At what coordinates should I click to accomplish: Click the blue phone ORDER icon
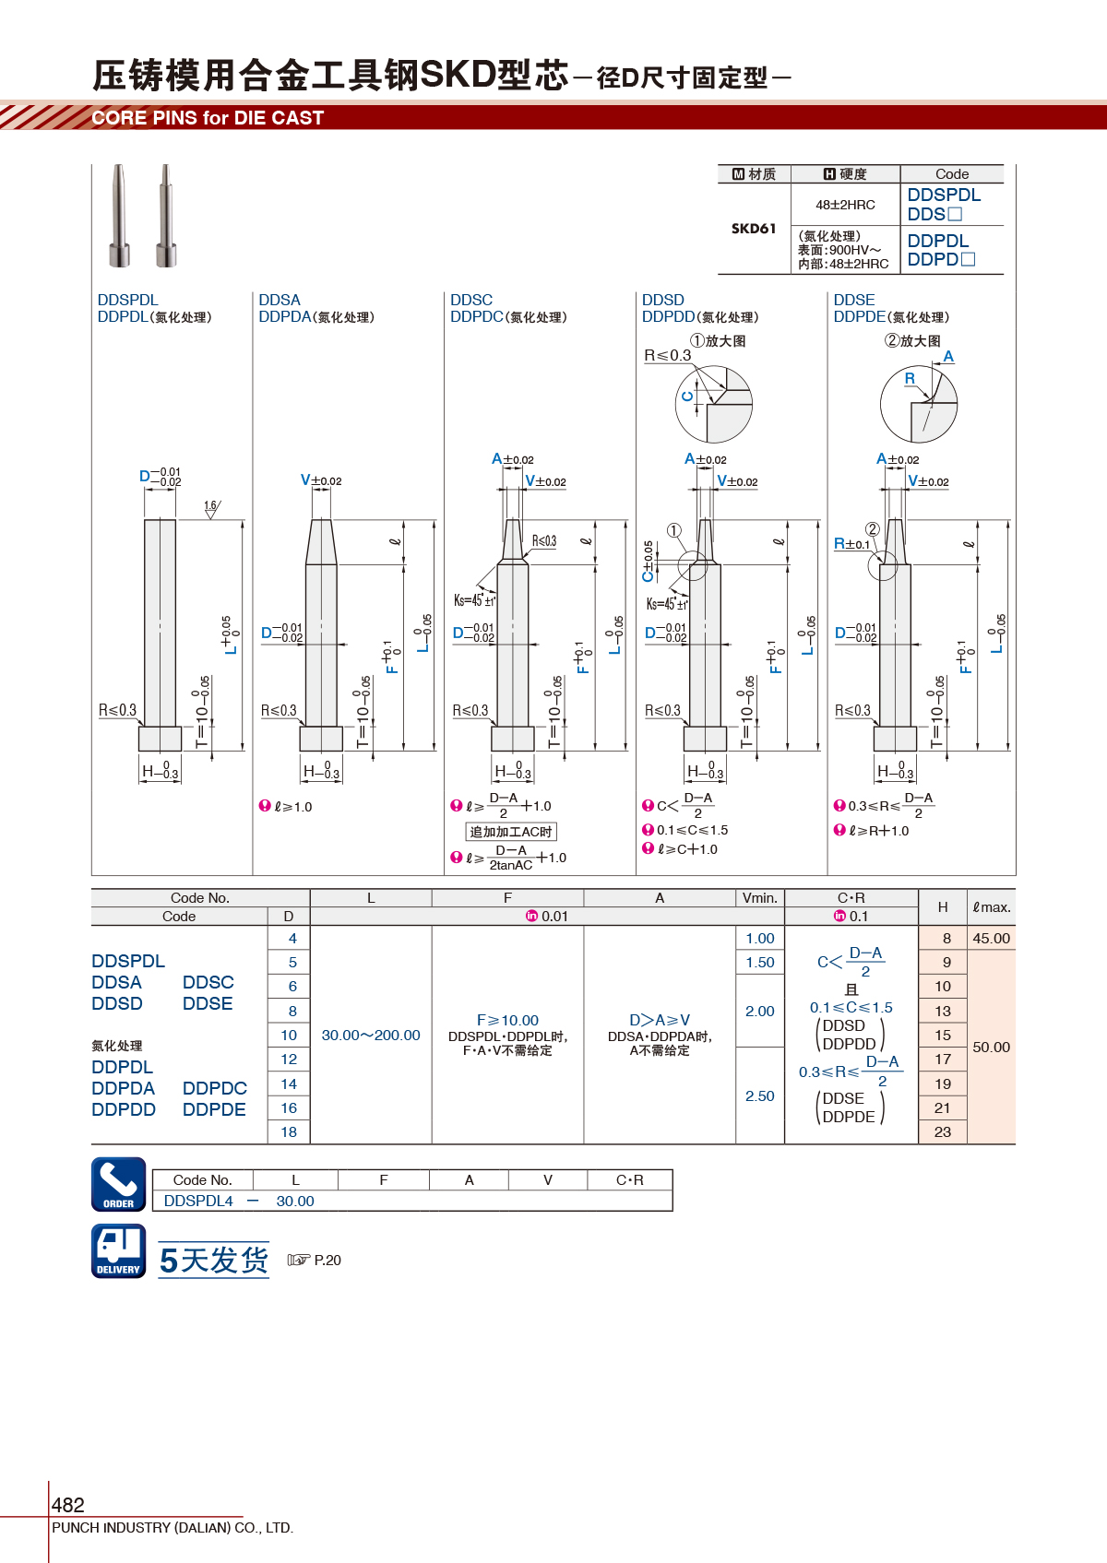[119, 1184]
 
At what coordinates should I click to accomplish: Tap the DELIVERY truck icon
[119, 1251]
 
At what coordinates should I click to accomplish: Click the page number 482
[67, 1505]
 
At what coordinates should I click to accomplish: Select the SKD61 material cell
[754, 228]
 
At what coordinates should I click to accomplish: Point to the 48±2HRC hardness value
[845, 205]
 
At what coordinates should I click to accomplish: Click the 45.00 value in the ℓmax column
[991, 939]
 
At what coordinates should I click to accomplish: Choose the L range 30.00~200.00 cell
[371, 1035]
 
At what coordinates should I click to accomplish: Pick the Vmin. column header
[760, 898]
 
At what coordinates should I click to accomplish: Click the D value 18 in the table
[289, 1131]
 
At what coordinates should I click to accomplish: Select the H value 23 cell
[942, 1131]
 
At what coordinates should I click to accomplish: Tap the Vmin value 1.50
[760, 962]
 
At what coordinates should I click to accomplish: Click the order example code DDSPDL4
[198, 1201]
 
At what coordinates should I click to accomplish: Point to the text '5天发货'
[214, 1260]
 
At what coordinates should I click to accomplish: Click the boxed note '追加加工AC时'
[511, 832]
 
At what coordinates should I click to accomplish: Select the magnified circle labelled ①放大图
[714, 404]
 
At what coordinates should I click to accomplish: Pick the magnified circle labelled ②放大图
[919, 404]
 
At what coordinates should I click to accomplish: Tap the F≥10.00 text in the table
[507, 1020]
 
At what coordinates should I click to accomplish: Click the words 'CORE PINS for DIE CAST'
[208, 118]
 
